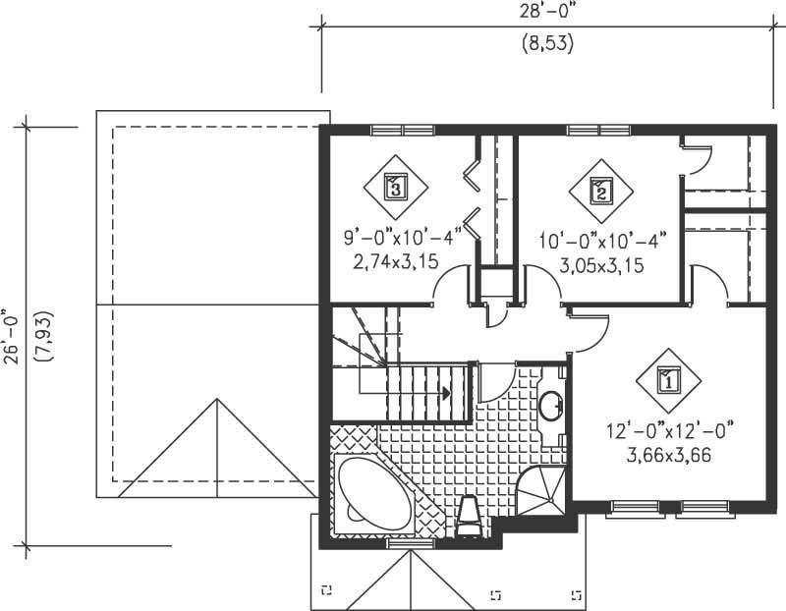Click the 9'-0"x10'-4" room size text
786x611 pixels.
tap(402, 238)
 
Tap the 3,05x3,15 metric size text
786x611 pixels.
tap(602, 264)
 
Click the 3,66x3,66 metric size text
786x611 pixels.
tap(669, 456)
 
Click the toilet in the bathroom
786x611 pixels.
tap(469, 516)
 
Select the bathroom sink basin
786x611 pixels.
tap(551, 404)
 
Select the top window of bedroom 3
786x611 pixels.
tap(403, 129)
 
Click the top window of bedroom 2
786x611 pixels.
tap(598, 129)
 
